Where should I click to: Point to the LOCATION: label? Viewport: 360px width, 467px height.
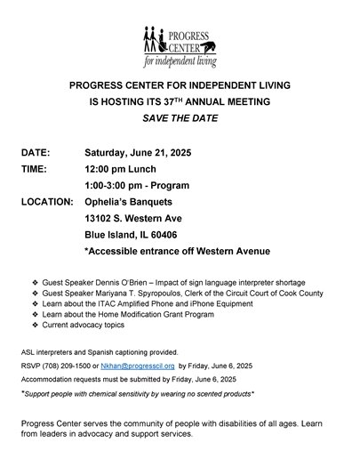click(47, 202)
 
